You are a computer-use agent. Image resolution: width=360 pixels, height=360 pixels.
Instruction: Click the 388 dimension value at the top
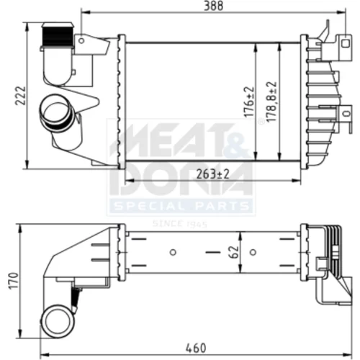click(213, 6)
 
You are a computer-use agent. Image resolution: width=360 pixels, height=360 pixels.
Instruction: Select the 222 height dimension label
click(20, 96)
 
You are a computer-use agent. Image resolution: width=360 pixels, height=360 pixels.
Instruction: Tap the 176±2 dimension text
click(249, 102)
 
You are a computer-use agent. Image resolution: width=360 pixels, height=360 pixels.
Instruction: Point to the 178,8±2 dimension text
click(271, 102)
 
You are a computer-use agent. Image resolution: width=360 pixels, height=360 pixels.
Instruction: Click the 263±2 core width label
click(213, 174)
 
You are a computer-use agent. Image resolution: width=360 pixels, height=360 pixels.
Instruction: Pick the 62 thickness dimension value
click(234, 252)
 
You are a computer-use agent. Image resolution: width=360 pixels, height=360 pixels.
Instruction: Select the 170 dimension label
click(14, 281)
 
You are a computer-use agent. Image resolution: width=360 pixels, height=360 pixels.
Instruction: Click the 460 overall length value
click(196, 348)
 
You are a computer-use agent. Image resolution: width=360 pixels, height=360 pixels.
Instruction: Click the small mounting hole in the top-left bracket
click(81, 40)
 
